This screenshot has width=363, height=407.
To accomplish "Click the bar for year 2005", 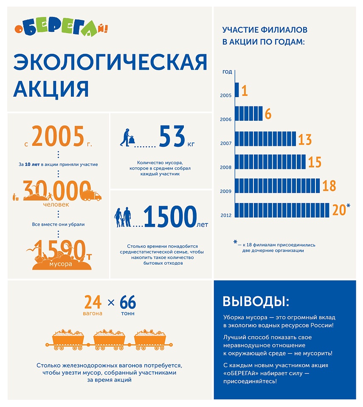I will [236, 90].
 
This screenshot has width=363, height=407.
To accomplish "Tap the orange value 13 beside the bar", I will [305, 139].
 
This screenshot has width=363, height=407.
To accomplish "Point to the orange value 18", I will [329, 186].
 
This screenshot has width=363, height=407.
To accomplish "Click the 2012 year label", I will [226, 215].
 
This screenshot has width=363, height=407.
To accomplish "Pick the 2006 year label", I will [226, 120].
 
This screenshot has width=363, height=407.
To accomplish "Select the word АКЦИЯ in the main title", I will [51, 89].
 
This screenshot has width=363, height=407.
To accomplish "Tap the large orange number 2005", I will [58, 137].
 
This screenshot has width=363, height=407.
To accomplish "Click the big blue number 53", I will [172, 137].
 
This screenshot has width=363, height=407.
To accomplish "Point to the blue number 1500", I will [170, 217].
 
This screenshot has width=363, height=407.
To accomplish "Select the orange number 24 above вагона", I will [93, 302].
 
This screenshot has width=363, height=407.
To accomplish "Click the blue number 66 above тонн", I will [128, 302].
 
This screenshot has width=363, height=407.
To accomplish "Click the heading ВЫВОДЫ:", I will [256, 301].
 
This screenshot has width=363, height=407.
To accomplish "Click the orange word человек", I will [56, 204].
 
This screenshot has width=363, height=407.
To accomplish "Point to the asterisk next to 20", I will [348, 206].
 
